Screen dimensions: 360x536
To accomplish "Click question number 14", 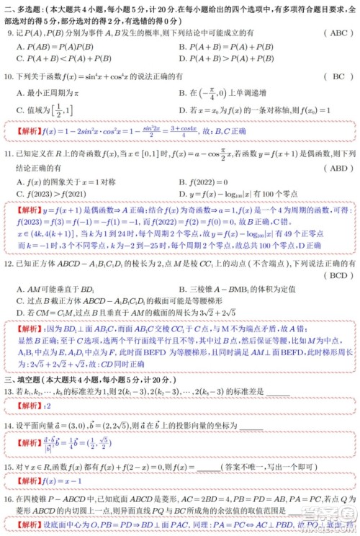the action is tap(9, 426).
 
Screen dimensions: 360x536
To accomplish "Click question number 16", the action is tap(9, 499).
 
